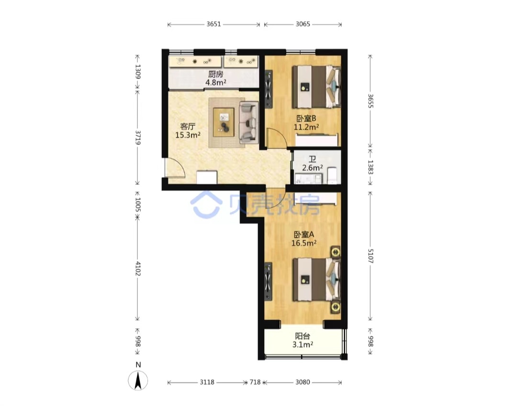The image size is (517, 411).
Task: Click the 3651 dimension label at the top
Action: point(214,24)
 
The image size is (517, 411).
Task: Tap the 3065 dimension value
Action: point(303,24)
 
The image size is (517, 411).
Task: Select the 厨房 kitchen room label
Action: point(215,74)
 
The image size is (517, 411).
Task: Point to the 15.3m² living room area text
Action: point(188,135)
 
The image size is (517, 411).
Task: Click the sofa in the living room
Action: point(248,122)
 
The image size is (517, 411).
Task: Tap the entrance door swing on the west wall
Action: point(175,168)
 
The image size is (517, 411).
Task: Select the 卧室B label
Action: point(306,118)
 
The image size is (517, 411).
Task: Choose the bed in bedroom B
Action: point(316,87)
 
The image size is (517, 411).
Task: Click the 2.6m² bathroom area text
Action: point(312,168)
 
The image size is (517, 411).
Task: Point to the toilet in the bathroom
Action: point(332,175)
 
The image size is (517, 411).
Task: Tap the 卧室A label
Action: point(303,234)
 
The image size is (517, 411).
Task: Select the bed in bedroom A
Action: point(316,279)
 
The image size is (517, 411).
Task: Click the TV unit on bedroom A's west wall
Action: point(269,281)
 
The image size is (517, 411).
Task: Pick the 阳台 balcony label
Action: point(303,336)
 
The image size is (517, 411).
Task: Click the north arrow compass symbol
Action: point(138,380)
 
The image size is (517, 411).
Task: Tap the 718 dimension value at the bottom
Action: point(255,382)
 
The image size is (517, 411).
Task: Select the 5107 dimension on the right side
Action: point(370,256)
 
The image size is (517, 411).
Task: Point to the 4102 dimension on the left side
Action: point(138,269)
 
